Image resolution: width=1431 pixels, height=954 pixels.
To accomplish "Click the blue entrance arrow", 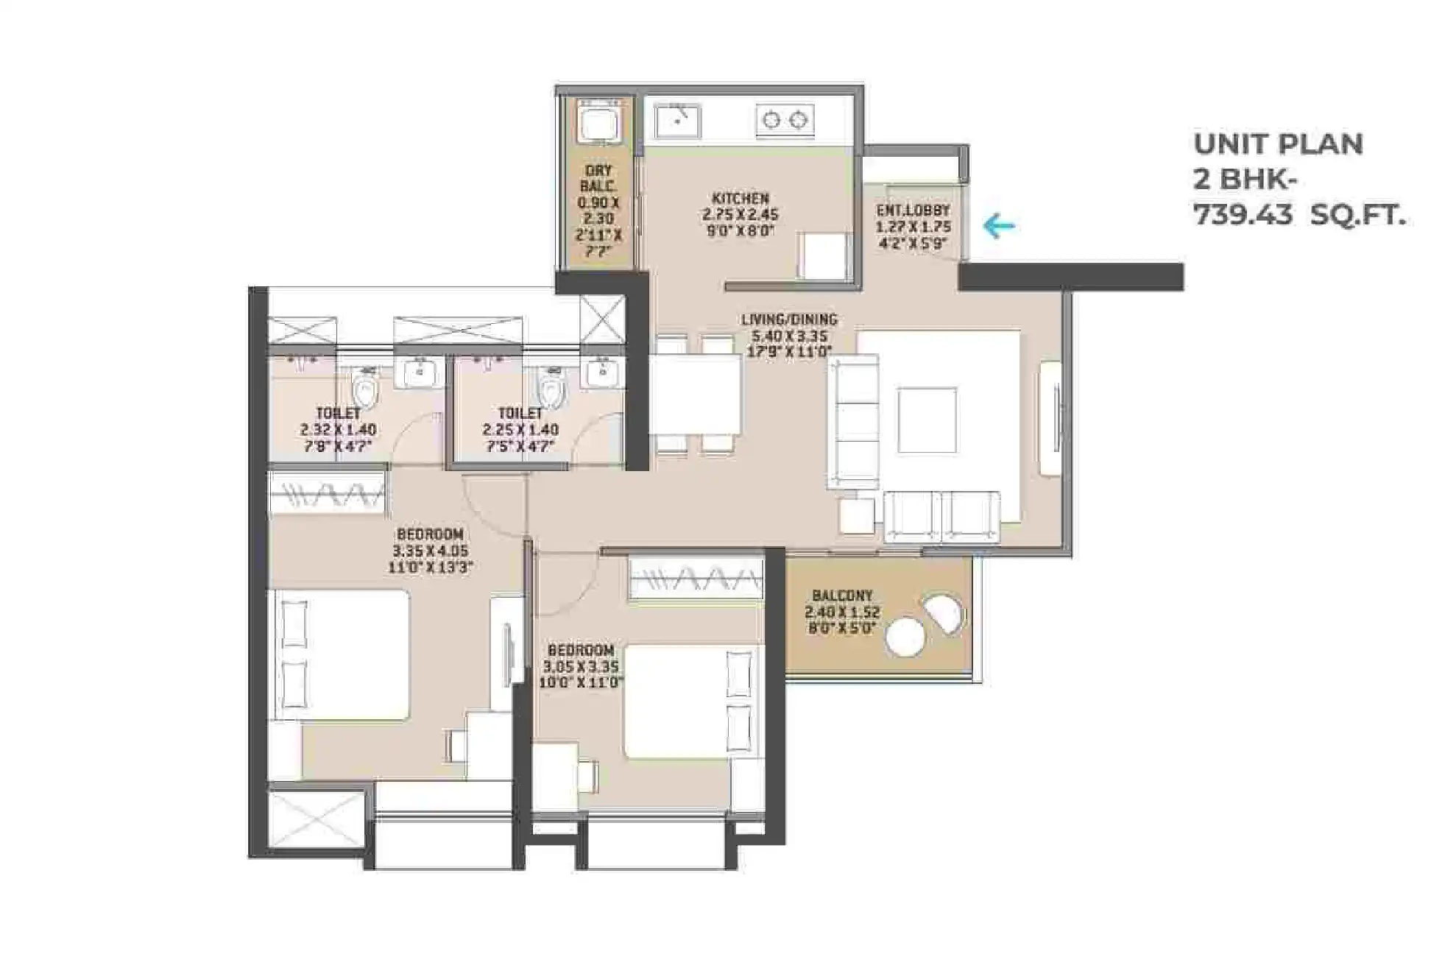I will pyautogui.click(x=999, y=226).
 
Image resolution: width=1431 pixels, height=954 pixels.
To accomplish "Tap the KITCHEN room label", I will pyautogui.click(x=741, y=199).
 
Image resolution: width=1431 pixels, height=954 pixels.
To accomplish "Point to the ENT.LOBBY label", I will pyautogui.click(x=913, y=211).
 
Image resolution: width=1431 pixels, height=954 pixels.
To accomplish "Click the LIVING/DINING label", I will pyautogui.click(x=789, y=319).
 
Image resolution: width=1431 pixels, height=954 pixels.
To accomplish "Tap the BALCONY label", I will pyautogui.click(x=842, y=595).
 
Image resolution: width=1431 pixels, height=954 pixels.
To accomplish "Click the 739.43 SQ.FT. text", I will pyautogui.click(x=1299, y=216).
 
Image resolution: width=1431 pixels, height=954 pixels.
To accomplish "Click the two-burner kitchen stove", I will pyautogui.click(x=785, y=120).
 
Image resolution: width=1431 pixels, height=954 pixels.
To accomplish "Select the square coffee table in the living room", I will pyautogui.click(x=927, y=420).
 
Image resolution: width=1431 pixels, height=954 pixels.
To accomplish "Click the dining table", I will pyautogui.click(x=695, y=396).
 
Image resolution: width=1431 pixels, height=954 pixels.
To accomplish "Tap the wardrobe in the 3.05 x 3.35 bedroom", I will pyautogui.click(x=696, y=579).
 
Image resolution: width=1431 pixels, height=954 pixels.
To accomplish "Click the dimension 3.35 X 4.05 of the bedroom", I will pyautogui.click(x=430, y=551).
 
